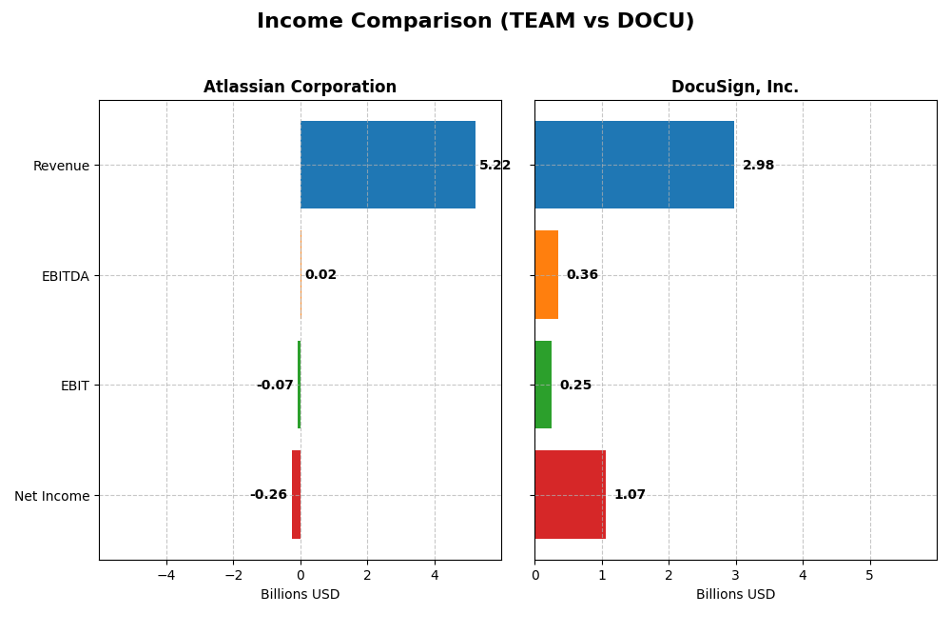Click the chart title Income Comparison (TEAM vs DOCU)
point(475,21)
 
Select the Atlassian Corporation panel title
point(300,87)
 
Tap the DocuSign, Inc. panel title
point(735,87)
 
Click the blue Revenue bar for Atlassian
point(388,165)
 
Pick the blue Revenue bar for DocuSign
point(634,165)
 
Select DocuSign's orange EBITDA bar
point(547,274)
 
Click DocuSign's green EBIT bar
point(543,385)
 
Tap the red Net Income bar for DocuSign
point(571,494)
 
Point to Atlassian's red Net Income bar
point(296,494)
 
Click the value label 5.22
point(495,166)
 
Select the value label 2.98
point(758,166)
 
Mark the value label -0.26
point(268,495)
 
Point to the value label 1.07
point(630,495)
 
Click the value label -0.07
point(275,386)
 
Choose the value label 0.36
point(582,275)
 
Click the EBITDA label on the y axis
point(65,276)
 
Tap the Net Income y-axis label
point(51,496)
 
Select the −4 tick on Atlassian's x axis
point(165,576)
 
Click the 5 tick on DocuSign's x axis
point(869,576)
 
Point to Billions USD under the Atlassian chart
point(300,595)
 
